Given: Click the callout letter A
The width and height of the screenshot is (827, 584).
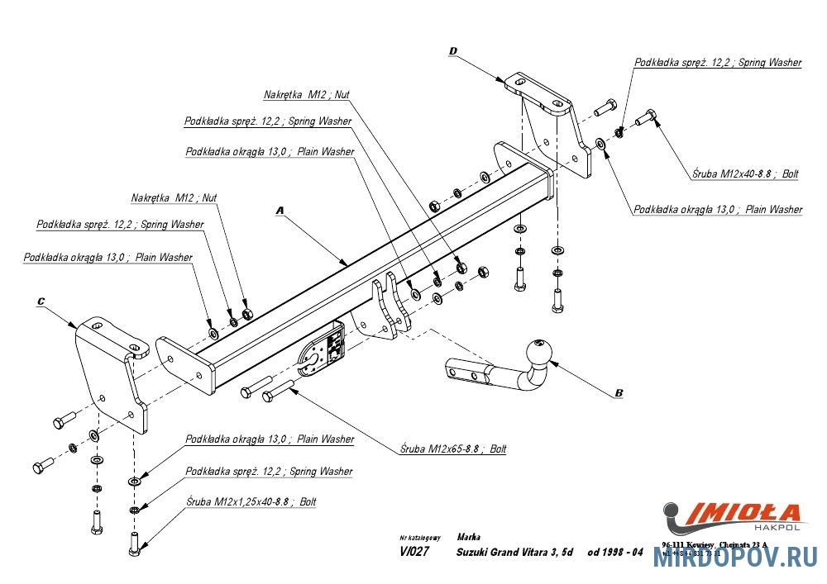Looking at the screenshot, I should [x=280, y=211].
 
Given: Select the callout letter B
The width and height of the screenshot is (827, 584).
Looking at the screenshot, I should [x=619, y=393].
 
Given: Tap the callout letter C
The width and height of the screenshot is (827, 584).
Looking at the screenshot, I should [x=41, y=301].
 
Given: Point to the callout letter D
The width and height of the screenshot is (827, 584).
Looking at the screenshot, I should [x=452, y=51].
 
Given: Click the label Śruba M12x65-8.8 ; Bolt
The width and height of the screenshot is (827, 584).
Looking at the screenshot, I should [x=452, y=449].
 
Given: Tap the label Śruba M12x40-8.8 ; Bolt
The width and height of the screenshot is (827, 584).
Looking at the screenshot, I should [x=745, y=173].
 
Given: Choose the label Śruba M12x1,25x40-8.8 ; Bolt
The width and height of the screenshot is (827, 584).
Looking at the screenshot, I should [x=251, y=501].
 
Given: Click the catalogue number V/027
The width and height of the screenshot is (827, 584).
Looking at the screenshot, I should [x=413, y=553].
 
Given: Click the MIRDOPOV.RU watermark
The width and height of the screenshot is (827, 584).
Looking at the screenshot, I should [x=735, y=558].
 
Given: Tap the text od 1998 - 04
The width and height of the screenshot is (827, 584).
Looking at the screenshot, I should [x=615, y=553].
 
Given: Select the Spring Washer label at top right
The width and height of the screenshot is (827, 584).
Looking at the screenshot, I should [x=717, y=62].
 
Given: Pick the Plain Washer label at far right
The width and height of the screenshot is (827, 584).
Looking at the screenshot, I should [x=717, y=209].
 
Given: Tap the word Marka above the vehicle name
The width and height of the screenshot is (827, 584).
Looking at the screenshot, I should [x=468, y=537].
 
